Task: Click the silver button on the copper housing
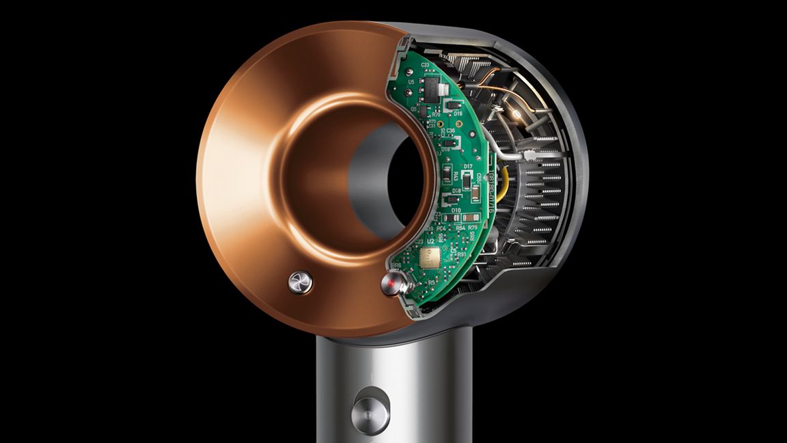[300, 281]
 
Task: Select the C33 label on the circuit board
[425, 65]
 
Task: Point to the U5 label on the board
[410, 82]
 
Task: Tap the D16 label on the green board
[458, 113]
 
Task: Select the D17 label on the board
[468, 166]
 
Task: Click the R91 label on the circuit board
[462, 254]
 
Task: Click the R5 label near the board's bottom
[431, 282]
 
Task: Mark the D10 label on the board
[456, 211]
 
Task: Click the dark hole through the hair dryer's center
[406, 179]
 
